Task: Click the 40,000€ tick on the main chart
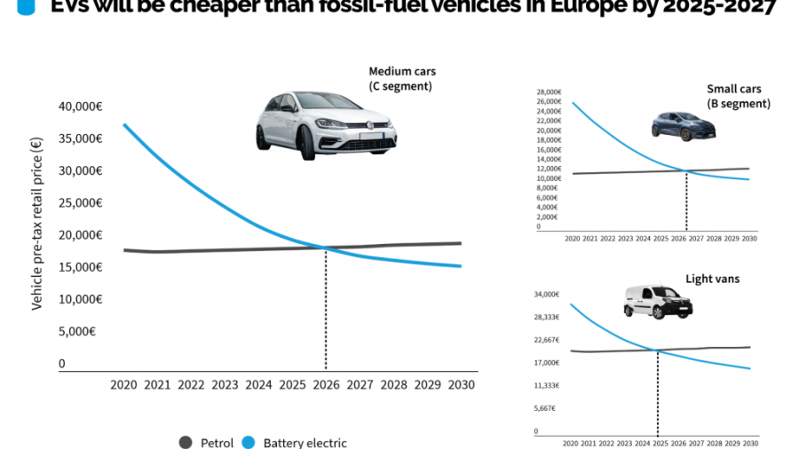[x=80, y=106]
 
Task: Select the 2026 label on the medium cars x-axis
[x=326, y=385]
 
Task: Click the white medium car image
[x=326, y=125]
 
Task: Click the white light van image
[x=657, y=302]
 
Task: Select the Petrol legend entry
[x=210, y=443]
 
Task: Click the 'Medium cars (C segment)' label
[x=402, y=78]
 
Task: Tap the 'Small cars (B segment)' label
[x=738, y=96]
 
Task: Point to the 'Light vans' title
[x=712, y=279]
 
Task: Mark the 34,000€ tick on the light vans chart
[x=547, y=295]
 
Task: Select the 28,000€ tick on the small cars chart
[x=549, y=92]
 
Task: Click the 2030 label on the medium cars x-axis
[x=462, y=385]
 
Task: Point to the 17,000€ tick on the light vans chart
[x=547, y=363]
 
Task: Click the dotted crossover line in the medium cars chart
[x=326, y=311]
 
